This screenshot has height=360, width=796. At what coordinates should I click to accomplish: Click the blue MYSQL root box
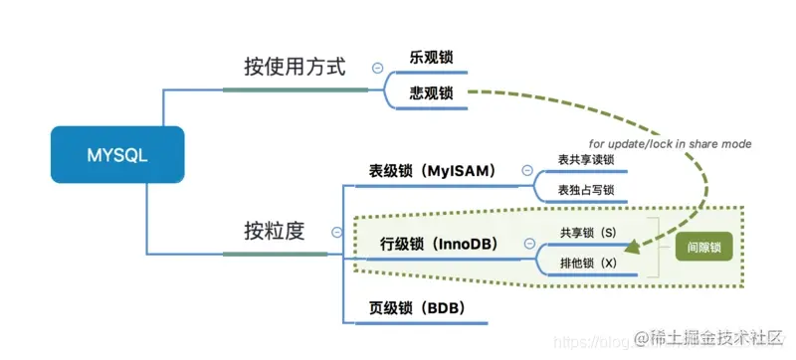point(117,154)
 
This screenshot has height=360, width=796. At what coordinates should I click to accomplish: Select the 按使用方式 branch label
point(295,68)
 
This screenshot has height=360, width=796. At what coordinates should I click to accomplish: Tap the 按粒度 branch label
point(274,231)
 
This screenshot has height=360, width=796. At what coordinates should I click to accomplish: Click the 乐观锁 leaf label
point(431,57)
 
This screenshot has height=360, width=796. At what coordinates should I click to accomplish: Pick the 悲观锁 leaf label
point(431,93)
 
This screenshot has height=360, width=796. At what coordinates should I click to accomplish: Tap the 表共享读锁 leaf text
point(586,159)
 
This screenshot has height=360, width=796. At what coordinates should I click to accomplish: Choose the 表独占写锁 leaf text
point(586,190)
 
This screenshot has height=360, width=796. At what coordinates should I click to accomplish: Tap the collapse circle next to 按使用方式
point(376,68)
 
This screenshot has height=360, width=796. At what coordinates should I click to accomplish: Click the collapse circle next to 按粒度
point(336,232)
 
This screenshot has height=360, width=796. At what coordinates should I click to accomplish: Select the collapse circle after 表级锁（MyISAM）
point(525,171)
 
